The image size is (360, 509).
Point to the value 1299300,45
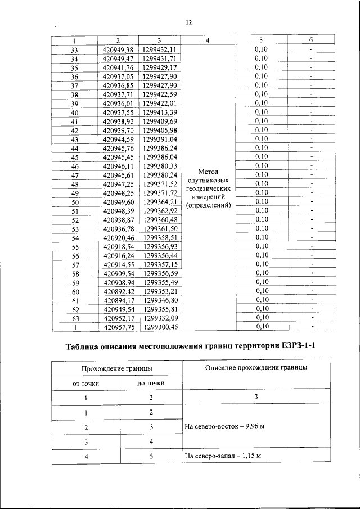[160, 326]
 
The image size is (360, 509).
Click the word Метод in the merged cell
[209, 171]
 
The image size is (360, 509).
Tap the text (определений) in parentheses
[209, 205]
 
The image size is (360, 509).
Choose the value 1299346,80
[160, 300]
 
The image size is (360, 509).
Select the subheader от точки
[86, 383]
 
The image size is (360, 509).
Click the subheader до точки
[151, 383]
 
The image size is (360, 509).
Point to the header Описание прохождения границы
[256, 367]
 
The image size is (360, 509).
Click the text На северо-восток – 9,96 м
[224, 426]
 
